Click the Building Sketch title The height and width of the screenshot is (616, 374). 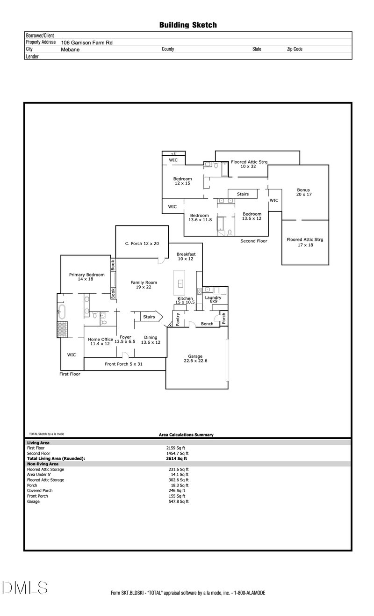[x=188, y=25]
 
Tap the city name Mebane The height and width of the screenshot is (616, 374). [x=70, y=49]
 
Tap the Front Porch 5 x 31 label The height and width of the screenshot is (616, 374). [x=123, y=364]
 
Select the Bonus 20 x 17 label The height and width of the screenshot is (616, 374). [x=303, y=192]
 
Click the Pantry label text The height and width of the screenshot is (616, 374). [x=178, y=319]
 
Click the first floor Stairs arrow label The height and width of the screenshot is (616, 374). [x=149, y=317]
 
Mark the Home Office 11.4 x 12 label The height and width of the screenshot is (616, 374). [x=100, y=341]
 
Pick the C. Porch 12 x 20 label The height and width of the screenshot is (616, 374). [x=142, y=243]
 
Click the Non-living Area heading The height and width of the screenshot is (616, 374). [x=43, y=464]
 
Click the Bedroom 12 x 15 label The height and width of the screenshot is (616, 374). [x=182, y=181]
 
